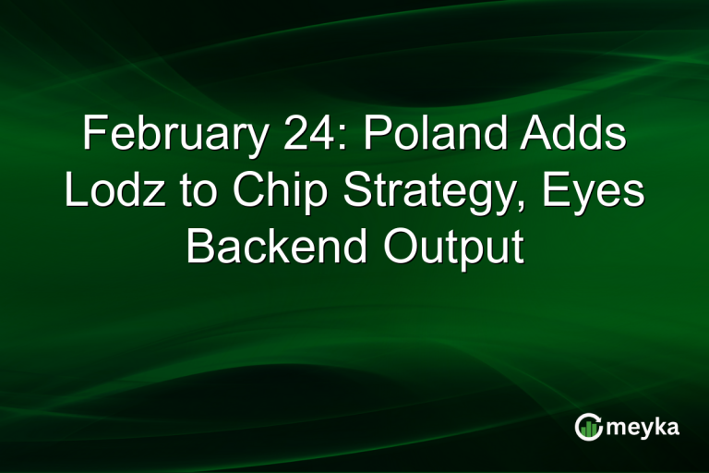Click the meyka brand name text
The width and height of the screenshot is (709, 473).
point(644,427)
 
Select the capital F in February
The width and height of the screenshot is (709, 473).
point(92,137)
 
